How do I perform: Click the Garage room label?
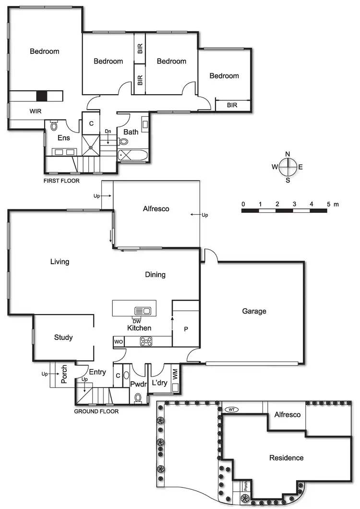tap(254, 311)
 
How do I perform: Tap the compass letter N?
tap(288, 154)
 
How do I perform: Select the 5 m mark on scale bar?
tap(329, 204)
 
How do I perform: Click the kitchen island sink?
tap(143, 310)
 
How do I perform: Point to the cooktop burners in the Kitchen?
tap(146, 341)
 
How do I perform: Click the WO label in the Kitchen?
tap(118, 341)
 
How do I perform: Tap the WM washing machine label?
tap(175, 373)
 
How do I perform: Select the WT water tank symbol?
tap(231, 410)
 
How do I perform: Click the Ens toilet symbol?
tap(53, 126)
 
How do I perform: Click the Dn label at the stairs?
tap(108, 132)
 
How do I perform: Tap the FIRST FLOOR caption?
tap(61, 181)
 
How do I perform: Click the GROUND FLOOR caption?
tap(96, 412)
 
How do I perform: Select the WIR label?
tap(36, 111)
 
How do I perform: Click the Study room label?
tap(63, 338)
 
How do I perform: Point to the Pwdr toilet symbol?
tap(138, 397)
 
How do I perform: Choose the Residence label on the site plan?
tap(286, 458)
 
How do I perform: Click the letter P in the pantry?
tap(186, 329)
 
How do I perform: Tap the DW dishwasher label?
tap(137, 320)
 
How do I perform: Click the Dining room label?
tap(155, 275)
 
